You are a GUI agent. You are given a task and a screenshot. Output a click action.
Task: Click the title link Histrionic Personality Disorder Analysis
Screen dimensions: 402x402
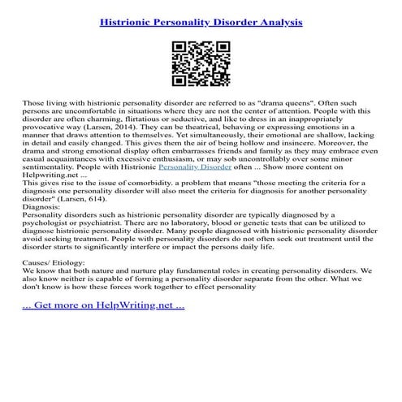pos(201,23)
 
